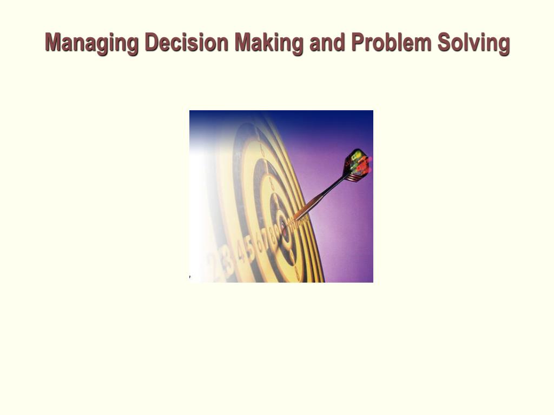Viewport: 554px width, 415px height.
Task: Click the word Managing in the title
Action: coord(93,43)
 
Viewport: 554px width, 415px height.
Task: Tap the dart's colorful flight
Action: coord(357,165)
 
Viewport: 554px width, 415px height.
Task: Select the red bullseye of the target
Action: coord(284,230)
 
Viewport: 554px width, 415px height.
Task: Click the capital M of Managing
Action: coord(52,42)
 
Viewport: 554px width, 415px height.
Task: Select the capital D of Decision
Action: coord(151,42)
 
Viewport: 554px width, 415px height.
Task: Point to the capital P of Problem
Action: coord(357,42)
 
